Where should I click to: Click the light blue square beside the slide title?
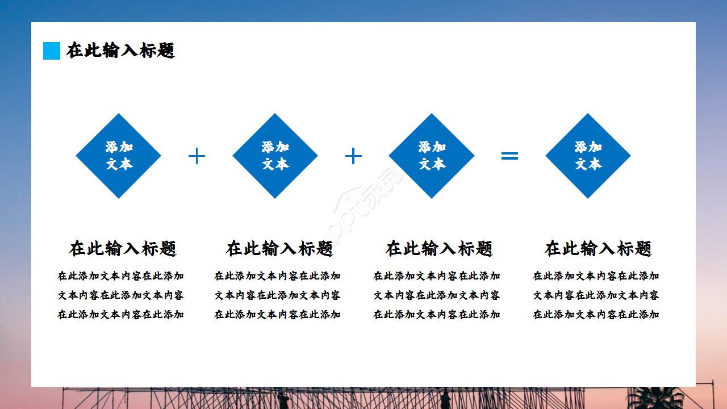point(52,51)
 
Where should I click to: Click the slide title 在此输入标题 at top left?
point(120,51)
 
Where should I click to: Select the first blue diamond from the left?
point(119,156)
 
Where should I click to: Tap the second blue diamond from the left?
point(275,156)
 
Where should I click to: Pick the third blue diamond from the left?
point(432,156)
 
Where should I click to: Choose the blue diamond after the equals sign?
point(588,156)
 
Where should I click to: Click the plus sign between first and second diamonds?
point(197,156)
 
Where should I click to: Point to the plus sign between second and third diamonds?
point(353,156)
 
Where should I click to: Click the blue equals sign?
point(509,156)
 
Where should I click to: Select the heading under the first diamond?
point(123,248)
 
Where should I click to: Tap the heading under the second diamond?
point(279,248)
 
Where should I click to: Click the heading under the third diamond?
point(439,248)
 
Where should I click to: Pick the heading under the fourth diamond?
point(598,248)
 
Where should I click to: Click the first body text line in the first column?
point(121,276)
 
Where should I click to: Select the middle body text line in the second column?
point(277,295)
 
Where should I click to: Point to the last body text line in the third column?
point(437,315)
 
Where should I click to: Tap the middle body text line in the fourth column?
point(596,295)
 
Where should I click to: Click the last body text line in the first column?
point(121,315)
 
